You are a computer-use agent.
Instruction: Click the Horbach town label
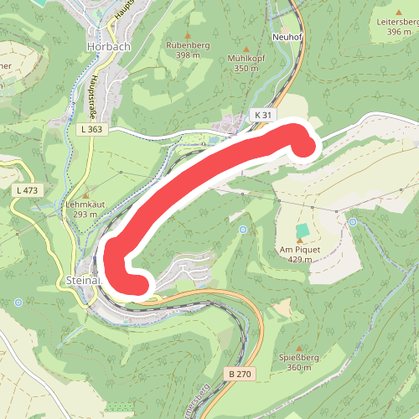(x=108, y=47)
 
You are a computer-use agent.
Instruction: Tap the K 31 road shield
(x=262, y=114)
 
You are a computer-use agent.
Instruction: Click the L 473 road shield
(x=27, y=190)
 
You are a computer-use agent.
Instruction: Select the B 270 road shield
(x=239, y=374)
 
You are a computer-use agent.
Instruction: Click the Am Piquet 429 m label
(x=300, y=254)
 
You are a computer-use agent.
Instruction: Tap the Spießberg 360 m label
(x=299, y=362)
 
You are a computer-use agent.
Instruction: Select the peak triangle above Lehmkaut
(x=84, y=195)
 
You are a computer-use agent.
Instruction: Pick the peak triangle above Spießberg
(x=299, y=347)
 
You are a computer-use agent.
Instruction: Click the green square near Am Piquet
(x=302, y=229)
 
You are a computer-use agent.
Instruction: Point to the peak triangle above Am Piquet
(x=299, y=241)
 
